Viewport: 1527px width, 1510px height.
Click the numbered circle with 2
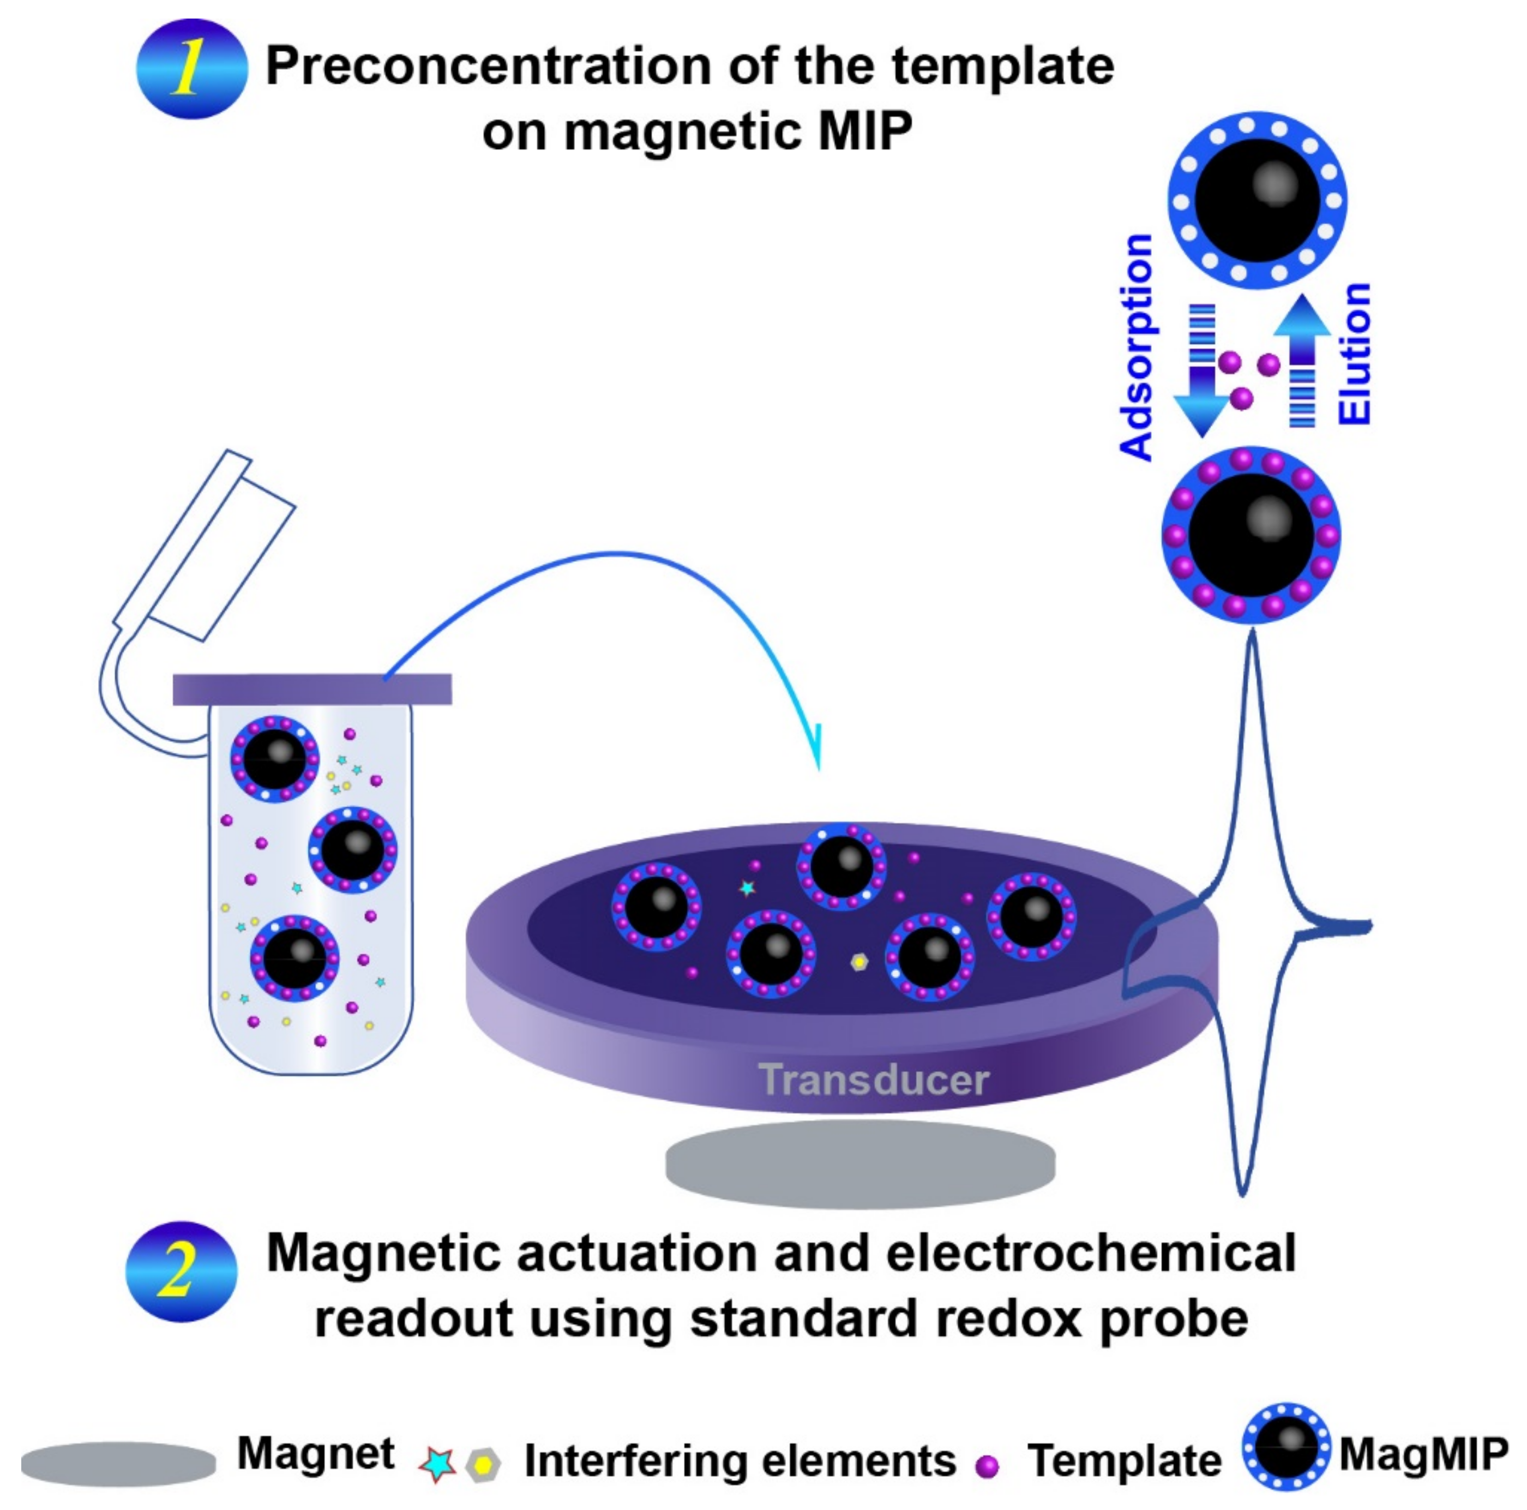point(181,1271)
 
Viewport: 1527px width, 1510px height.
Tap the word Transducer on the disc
point(873,1080)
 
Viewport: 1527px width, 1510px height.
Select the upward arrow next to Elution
point(1302,359)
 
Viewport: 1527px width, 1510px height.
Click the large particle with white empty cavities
point(1257,201)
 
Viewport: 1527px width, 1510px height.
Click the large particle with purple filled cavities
point(1251,535)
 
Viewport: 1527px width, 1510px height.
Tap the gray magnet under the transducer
point(860,1164)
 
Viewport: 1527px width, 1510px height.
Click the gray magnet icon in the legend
point(118,1463)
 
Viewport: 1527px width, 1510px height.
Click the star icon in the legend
point(436,1464)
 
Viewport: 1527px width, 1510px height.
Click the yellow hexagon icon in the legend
point(483,1465)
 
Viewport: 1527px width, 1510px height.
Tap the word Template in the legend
point(1124,1461)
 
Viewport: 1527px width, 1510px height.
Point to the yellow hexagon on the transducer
point(859,961)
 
